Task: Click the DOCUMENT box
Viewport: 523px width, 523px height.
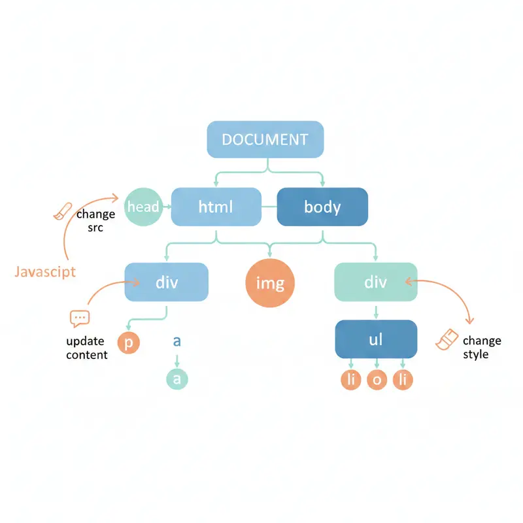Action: click(265, 139)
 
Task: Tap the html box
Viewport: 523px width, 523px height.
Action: click(215, 207)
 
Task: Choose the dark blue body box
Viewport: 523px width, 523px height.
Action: click(322, 207)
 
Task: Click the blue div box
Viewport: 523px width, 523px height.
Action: click(166, 282)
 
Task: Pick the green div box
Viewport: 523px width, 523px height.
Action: click(375, 282)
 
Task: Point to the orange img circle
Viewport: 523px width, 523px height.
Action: click(270, 284)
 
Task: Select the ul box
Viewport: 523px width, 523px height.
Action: click(375, 339)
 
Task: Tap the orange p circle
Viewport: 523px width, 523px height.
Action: click(128, 342)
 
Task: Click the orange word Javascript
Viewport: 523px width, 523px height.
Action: click(44, 271)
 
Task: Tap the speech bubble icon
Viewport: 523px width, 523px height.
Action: click(79, 318)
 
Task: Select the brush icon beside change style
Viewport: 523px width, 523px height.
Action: click(447, 339)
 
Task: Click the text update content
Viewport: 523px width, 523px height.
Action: click(86, 348)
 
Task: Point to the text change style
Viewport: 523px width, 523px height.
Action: click(481, 347)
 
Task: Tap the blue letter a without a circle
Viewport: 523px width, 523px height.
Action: click(177, 341)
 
